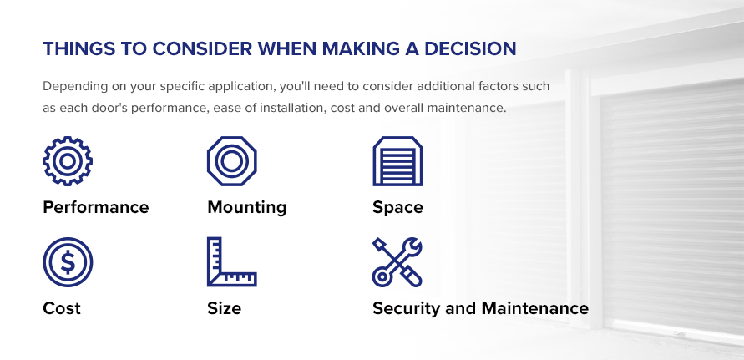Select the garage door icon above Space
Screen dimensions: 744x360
point(397,161)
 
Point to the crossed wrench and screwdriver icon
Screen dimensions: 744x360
point(397,262)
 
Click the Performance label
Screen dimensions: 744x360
point(96,207)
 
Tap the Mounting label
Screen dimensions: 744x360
point(246,207)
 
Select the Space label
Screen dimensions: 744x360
point(397,207)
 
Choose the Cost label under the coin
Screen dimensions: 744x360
point(62,308)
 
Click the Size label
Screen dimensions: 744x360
point(224,308)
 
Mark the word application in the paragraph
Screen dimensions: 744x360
point(245,87)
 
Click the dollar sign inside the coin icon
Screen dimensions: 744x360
point(68,262)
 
